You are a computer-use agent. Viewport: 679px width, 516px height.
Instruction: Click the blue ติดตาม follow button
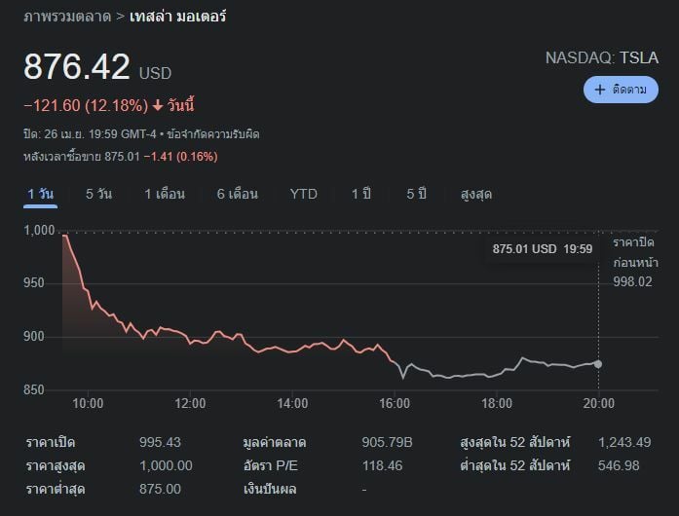tap(621, 90)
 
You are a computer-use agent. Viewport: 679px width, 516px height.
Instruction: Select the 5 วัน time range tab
tap(98, 194)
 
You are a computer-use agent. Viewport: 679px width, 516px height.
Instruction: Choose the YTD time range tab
tap(303, 194)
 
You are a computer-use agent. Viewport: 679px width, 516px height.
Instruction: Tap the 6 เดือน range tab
tap(237, 194)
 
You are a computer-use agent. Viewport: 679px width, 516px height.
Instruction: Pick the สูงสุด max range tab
tap(475, 194)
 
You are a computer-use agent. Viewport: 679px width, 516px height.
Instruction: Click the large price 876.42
tap(77, 67)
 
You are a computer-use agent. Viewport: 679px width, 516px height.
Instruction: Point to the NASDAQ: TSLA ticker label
tap(601, 58)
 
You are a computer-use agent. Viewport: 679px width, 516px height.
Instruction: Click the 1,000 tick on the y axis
tap(41, 231)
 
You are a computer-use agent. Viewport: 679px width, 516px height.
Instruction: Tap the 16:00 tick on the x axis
tap(395, 403)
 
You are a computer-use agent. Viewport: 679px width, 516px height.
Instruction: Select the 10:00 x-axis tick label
tap(88, 403)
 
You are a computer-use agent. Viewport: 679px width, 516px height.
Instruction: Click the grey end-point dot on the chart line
tap(598, 364)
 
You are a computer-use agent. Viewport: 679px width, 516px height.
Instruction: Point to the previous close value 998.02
tap(632, 281)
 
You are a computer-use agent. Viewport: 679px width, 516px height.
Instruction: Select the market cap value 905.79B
tap(387, 443)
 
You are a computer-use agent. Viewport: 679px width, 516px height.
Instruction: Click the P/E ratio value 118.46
tap(382, 466)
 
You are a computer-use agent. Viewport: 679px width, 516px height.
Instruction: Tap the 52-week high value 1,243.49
tap(624, 443)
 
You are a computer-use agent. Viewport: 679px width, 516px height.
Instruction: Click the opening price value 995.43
tap(160, 443)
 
